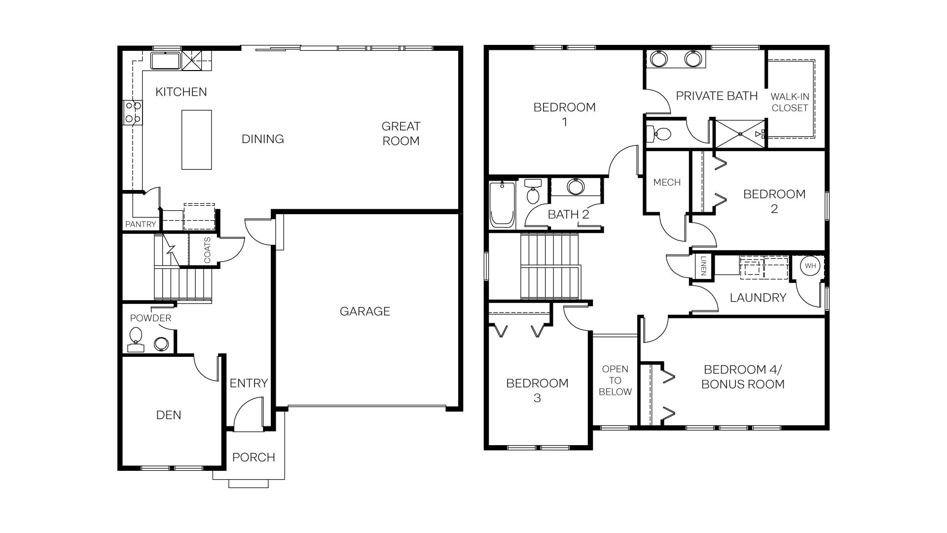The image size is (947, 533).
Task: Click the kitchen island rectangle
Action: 196,140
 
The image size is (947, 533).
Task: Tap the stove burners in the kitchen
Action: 133,112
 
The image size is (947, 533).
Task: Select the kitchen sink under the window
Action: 166,61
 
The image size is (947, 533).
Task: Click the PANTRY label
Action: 141,224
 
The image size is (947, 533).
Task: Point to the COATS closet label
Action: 207,250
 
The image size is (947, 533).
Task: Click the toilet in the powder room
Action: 135,337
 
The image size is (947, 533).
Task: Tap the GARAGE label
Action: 364,311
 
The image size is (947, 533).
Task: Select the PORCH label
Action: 254,457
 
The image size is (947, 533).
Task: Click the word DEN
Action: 169,415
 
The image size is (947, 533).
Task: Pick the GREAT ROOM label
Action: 401,133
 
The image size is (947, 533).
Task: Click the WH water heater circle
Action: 810,266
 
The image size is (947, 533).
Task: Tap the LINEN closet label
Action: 703,266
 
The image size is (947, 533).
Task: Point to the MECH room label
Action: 667,183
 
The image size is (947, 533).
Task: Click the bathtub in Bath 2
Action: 502,204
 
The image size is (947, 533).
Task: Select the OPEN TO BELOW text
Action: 615,381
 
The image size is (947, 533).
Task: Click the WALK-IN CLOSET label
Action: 790,102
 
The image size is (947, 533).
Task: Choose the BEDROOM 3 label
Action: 537,390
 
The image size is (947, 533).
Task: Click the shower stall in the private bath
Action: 740,134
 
